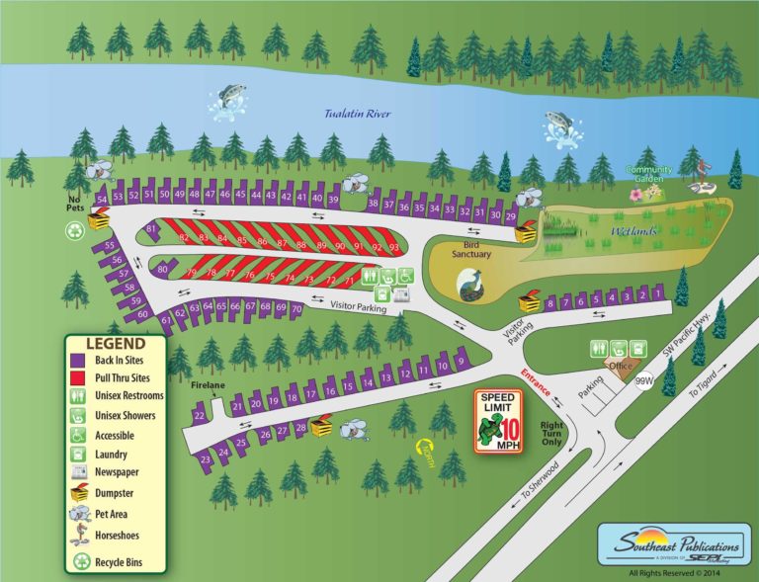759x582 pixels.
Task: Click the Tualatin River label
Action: [358, 114]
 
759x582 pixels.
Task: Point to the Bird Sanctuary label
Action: [471, 248]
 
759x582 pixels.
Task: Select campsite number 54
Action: [102, 201]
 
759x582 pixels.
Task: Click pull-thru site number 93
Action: [392, 246]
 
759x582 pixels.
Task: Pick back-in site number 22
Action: [200, 416]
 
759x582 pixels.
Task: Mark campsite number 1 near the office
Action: [658, 294]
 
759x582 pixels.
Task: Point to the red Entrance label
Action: [535, 381]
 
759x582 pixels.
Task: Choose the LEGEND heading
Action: [116, 344]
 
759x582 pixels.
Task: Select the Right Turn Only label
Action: [552, 434]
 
